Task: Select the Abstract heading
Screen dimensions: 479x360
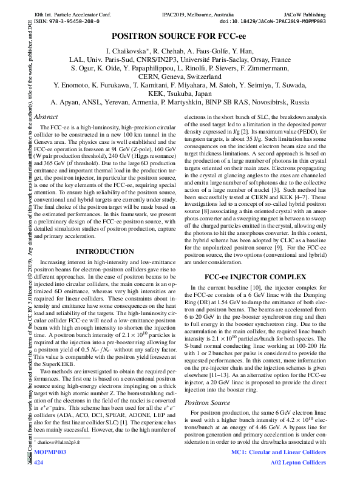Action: (46, 116)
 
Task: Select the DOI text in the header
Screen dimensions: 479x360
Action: (276, 20)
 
